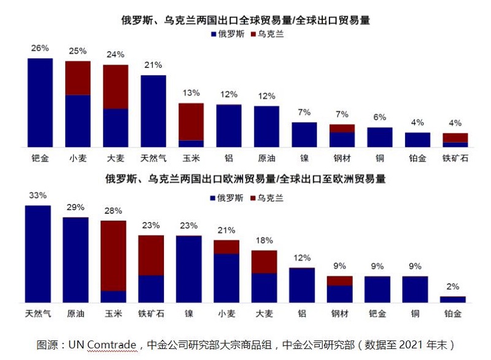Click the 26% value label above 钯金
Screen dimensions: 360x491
click(x=40, y=47)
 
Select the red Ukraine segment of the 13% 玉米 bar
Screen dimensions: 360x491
click(x=191, y=121)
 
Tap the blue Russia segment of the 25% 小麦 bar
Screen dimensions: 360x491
click(x=78, y=121)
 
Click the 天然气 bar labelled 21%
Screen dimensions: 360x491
click(x=153, y=111)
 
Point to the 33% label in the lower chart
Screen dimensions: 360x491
click(x=37, y=195)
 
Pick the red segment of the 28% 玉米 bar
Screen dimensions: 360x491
click(x=113, y=255)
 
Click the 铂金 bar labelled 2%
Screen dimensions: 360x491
click(x=452, y=299)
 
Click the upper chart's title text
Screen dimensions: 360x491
click(x=245, y=20)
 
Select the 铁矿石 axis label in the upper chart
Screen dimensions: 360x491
click(x=455, y=158)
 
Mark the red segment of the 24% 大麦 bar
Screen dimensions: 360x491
click(x=115, y=86)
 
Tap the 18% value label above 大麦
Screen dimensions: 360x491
click(x=264, y=241)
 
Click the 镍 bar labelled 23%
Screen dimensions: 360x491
click(x=188, y=269)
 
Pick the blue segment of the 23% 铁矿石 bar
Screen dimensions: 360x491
click(x=151, y=289)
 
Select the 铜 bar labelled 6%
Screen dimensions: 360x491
click(x=379, y=137)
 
